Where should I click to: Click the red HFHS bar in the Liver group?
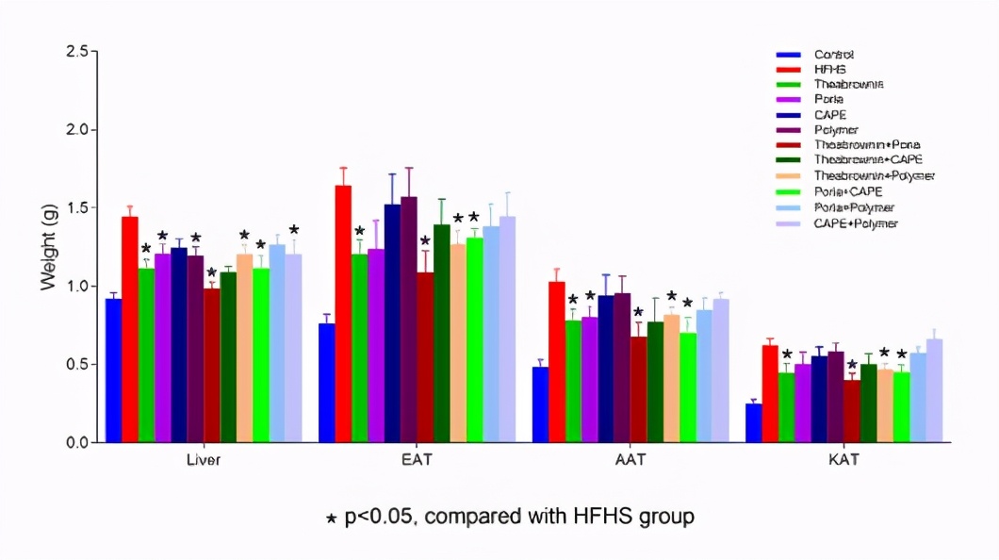[130, 329]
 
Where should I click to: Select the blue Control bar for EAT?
[327, 383]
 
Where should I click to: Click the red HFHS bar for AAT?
[556, 362]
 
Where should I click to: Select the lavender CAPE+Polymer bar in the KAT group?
[934, 390]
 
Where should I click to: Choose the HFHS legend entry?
[829, 70]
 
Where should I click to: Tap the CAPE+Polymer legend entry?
[856, 223]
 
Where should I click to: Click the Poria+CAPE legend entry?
[848, 191]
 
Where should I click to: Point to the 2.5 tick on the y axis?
[79, 51]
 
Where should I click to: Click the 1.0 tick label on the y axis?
[79, 286]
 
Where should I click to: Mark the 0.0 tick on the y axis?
[79, 442]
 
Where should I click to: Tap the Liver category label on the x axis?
[205, 461]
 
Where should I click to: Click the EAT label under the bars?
[418, 461]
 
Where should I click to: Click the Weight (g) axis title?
[48, 247]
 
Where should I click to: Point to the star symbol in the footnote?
[331, 518]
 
